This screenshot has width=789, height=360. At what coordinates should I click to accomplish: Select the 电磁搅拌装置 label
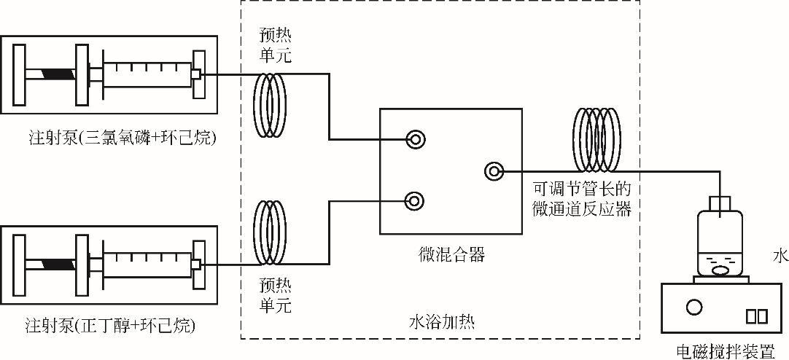[x=725, y=351]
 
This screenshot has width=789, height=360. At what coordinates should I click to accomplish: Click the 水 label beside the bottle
[x=780, y=256]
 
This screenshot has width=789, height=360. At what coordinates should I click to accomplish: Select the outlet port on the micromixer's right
[x=494, y=171]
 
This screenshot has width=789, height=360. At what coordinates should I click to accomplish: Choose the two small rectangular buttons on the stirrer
[x=756, y=316]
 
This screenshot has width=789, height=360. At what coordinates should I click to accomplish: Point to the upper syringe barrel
[x=146, y=74]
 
